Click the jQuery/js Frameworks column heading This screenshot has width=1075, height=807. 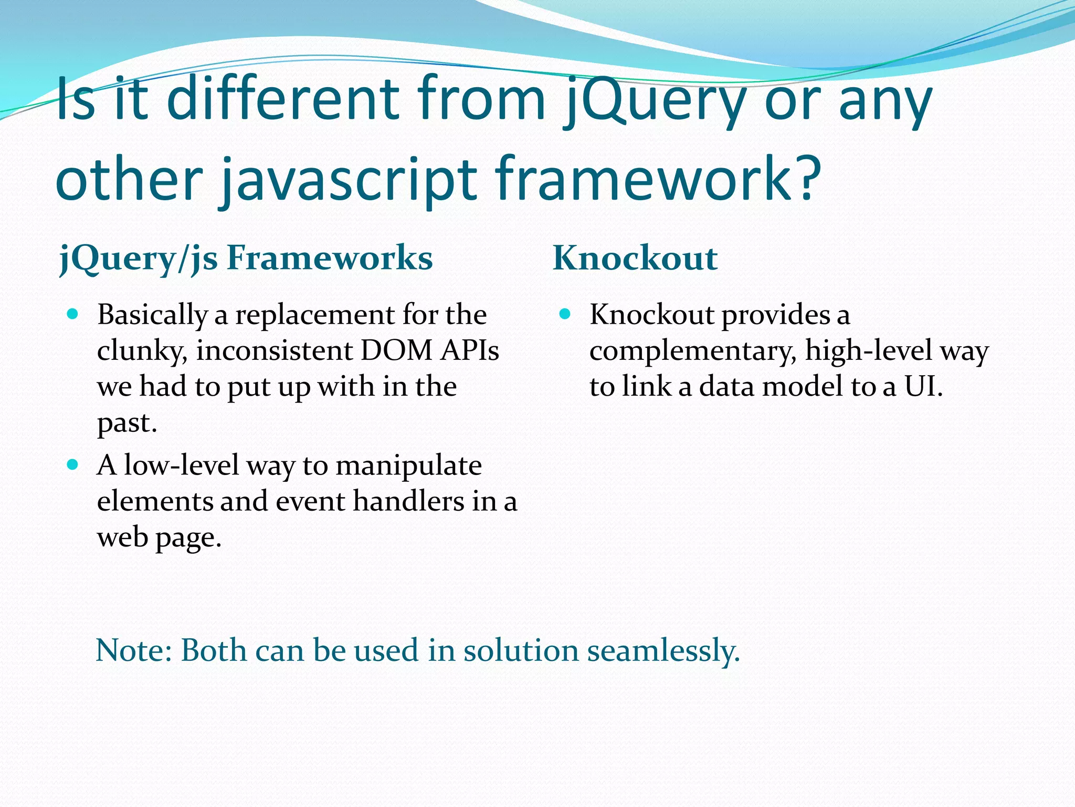tap(246, 258)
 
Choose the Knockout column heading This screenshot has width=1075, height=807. tap(635, 258)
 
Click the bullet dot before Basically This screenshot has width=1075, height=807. tap(73, 315)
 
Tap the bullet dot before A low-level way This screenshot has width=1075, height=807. tap(73, 465)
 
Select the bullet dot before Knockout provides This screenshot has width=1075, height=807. tap(565, 315)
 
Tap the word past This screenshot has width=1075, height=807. tap(127, 423)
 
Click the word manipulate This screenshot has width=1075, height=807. tap(408, 465)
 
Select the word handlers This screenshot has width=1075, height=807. tap(408, 501)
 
